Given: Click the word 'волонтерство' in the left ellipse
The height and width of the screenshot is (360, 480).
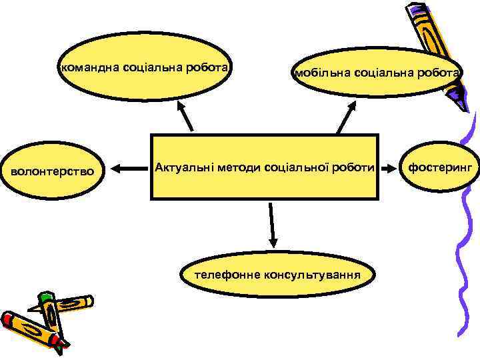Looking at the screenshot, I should click(x=55, y=172).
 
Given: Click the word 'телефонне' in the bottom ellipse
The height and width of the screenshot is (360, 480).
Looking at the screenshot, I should click(x=227, y=275).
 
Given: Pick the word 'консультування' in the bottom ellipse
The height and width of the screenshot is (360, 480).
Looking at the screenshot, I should click(x=313, y=275).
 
